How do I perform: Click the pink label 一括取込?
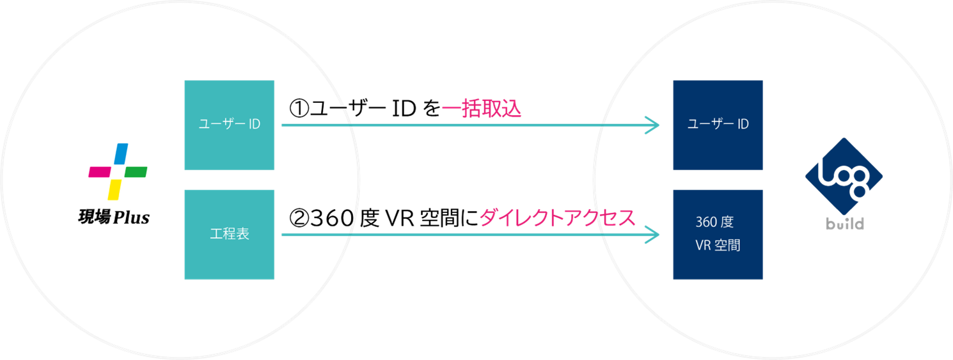[482, 109]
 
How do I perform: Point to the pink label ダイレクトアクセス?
[557, 218]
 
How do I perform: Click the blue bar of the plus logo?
[122, 155]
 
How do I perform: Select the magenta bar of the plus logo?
[100, 171]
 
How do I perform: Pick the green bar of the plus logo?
[135, 171]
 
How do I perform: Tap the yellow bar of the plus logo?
[114, 188]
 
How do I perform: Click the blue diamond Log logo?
[843, 176]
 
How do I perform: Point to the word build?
[843, 224]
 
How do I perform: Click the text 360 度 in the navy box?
[714, 223]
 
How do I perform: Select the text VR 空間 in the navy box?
[717, 245]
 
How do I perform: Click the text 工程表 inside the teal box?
[229, 234]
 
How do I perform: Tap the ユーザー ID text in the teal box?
[229, 125]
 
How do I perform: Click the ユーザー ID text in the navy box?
[718, 125]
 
